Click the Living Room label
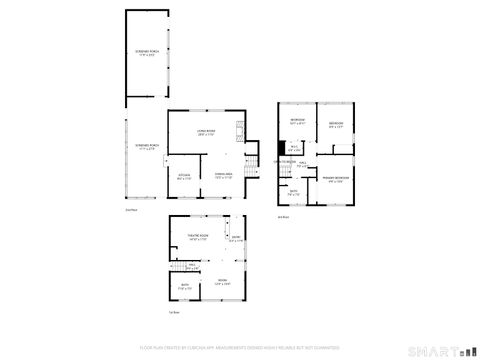[x=206, y=132]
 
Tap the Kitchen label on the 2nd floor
[x=184, y=176]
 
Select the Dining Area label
[x=223, y=176]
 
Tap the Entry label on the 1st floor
[x=235, y=238]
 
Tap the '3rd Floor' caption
[x=283, y=216]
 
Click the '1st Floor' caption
[x=173, y=313]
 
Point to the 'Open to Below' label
[x=285, y=161]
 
